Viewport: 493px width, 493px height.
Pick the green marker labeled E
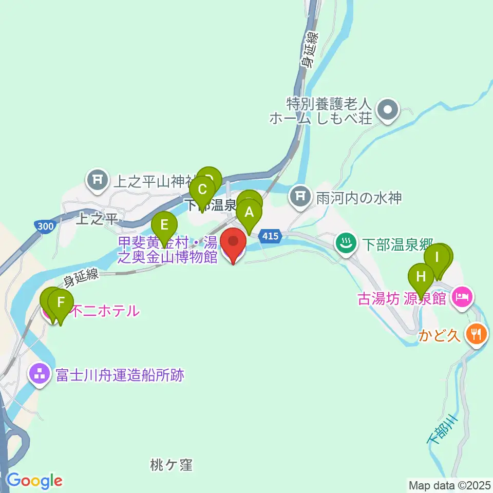coord(164,226)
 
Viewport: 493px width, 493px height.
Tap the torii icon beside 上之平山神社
coord(97,180)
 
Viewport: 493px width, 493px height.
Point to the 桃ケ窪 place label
coord(172,465)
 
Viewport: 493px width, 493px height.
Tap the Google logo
coord(34,481)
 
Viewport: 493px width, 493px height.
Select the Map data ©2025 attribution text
coord(448,485)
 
